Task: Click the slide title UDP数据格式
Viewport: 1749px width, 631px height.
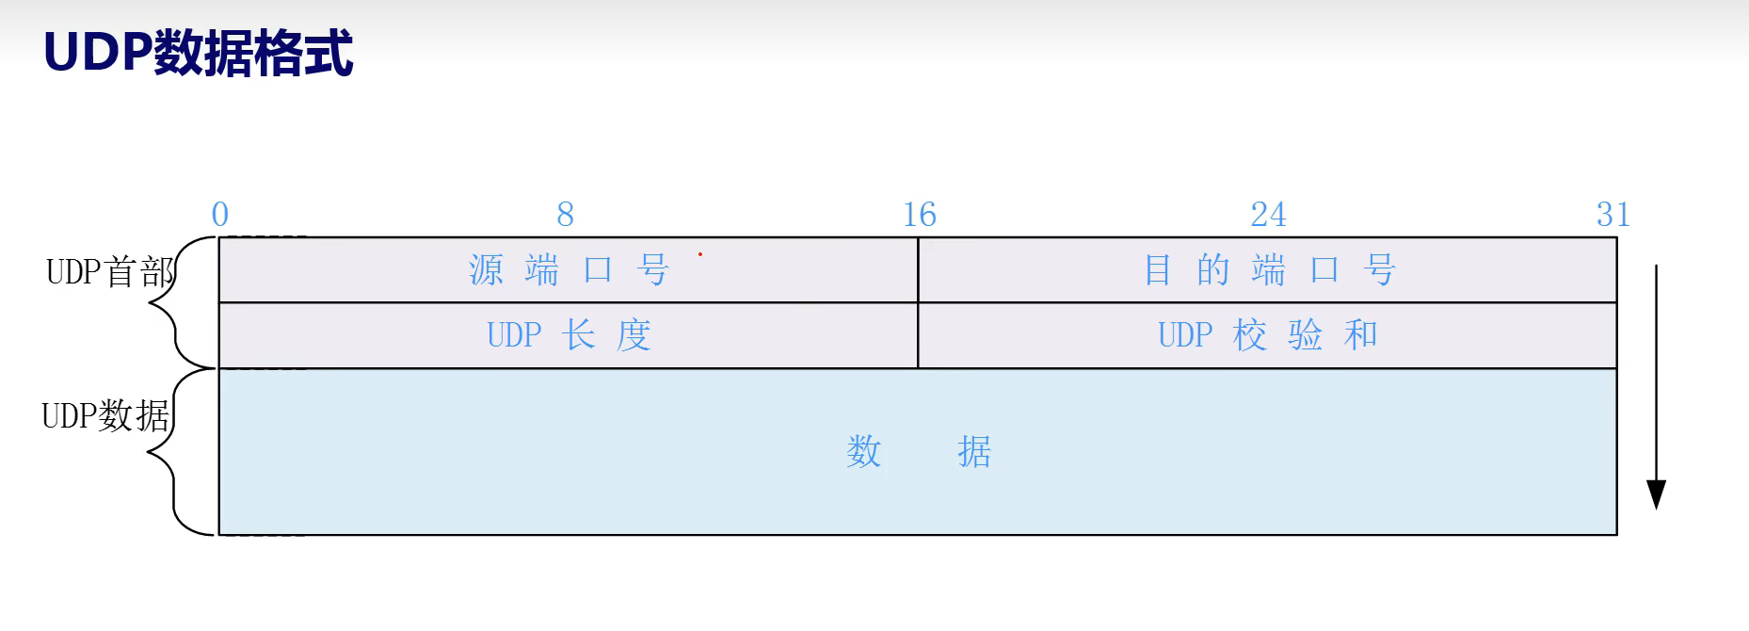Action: pos(199,53)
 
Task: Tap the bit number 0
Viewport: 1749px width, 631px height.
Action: pos(220,215)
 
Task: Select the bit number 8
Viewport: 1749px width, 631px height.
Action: pos(565,215)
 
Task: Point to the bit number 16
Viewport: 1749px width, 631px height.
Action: pos(919,215)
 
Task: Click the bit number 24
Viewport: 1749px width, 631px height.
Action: pos(1267,215)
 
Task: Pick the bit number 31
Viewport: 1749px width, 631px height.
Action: pos(1613,215)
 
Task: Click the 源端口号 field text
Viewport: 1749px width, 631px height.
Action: pos(569,271)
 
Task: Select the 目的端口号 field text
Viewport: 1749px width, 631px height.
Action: pos(1268,271)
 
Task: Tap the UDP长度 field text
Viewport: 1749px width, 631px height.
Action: pos(569,335)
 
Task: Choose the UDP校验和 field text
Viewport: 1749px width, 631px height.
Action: pos(1267,335)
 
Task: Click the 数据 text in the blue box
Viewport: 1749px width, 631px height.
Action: pos(918,452)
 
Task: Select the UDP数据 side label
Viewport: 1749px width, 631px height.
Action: pos(105,415)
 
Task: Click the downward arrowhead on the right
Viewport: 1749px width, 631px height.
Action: pos(1656,495)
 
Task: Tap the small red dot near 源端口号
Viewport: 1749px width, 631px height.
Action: pos(700,254)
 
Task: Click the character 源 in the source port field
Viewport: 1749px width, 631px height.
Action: pos(487,271)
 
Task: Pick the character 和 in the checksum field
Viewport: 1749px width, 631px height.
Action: pos(1361,335)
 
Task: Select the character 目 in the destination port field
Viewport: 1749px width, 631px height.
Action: pos(1157,271)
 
